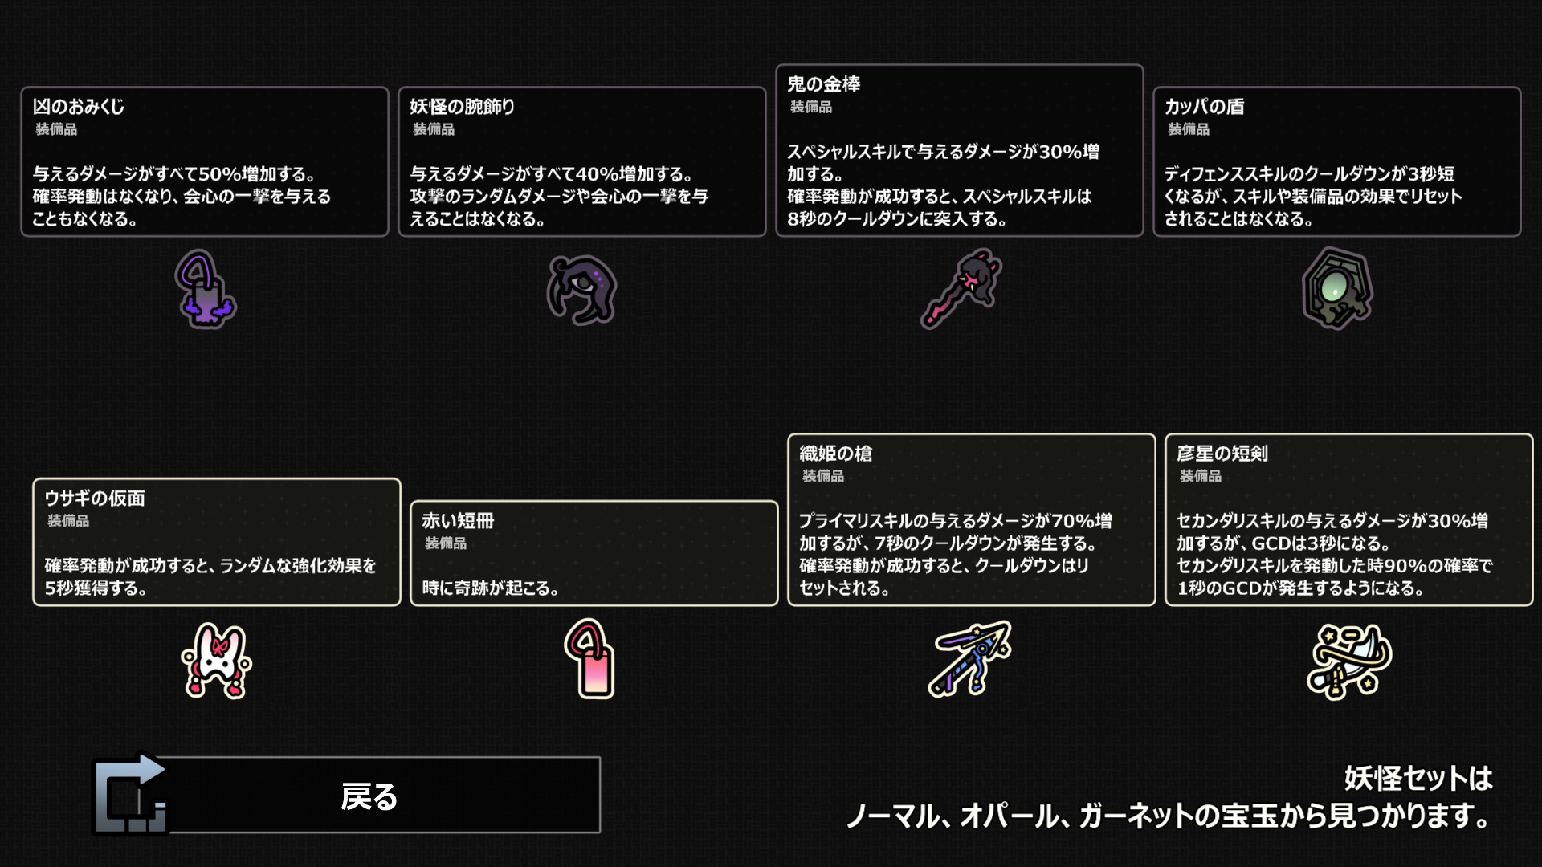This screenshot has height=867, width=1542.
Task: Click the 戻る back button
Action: [369, 796]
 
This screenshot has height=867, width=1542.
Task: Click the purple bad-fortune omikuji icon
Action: [205, 290]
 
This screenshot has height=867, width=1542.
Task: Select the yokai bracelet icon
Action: [581, 290]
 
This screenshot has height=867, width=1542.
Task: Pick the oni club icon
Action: [961, 288]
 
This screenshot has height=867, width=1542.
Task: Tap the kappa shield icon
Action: [1336, 288]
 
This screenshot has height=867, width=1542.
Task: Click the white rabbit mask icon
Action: [216, 661]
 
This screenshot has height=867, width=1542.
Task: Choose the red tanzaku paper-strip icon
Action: [590, 659]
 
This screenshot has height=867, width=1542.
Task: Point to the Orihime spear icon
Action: [971, 658]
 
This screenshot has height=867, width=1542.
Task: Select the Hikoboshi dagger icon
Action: [1348, 661]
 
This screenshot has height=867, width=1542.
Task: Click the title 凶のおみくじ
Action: [79, 107]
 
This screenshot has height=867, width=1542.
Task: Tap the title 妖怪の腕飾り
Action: [463, 107]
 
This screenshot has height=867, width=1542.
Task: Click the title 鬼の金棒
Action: [823, 84]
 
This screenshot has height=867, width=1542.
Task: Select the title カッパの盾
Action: [1204, 107]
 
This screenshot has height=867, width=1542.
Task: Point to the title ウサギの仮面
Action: [95, 499]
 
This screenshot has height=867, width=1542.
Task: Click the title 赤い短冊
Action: [458, 521]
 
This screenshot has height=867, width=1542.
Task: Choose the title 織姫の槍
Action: [835, 454]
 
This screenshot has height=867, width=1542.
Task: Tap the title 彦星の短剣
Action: [1222, 454]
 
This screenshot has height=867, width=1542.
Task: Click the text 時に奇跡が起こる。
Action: [491, 588]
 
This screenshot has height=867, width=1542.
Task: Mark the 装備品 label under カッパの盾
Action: [1188, 129]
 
